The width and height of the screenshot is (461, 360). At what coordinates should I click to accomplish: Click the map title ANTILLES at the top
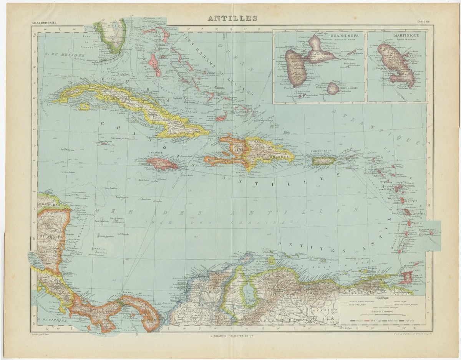[x=232, y=18]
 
